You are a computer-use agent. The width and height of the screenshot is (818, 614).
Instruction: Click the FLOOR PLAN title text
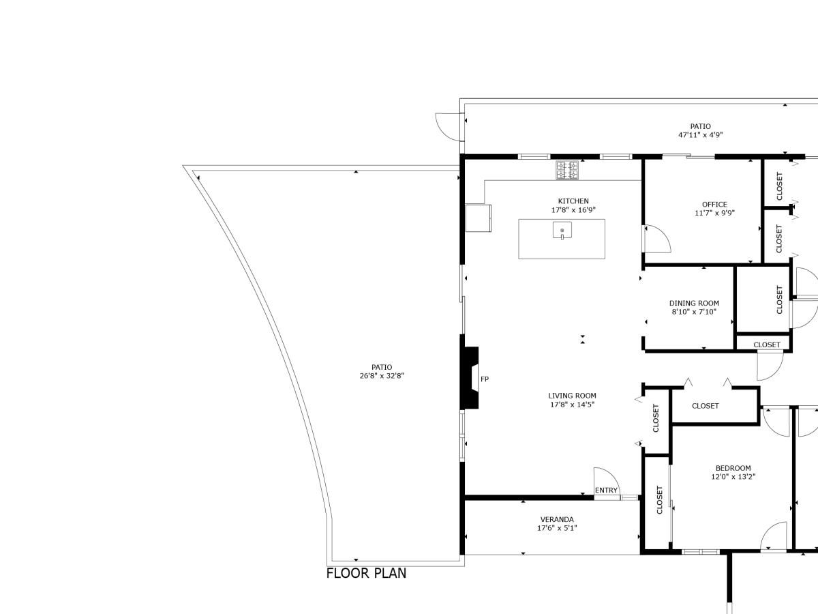click(366, 573)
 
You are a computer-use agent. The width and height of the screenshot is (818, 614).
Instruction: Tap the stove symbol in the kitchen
click(567, 170)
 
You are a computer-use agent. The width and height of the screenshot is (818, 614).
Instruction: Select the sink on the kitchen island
click(562, 231)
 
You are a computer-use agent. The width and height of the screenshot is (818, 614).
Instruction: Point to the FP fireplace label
click(485, 379)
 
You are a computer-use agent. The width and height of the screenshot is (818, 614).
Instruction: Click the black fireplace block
click(470, 379)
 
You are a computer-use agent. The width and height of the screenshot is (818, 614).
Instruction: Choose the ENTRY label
click(606, 491)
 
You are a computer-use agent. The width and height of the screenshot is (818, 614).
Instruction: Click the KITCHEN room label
click(573, 201)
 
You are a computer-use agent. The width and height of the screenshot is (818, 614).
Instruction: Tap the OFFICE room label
click(714, 205)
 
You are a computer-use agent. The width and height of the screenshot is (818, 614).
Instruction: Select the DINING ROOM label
click(694, 304)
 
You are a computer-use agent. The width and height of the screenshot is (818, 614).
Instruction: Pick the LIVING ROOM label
click(572, 396)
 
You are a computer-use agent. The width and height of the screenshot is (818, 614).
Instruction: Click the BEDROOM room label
click(733, 469)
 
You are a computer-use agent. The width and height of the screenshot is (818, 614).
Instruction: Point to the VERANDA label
click(557, 519)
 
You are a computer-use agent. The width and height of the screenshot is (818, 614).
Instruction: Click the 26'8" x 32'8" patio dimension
click(382, 376)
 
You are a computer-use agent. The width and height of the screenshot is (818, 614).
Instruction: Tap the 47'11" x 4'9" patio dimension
click(700, 135)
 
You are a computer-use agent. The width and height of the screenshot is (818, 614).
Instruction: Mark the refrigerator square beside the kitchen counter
click(479, 218)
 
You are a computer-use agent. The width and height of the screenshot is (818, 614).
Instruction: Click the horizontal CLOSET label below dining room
click(767, 345)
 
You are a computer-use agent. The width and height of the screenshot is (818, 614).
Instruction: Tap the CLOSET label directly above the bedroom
click(705, 406)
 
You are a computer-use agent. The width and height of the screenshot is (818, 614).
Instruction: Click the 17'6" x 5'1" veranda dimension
click(557, 528)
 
